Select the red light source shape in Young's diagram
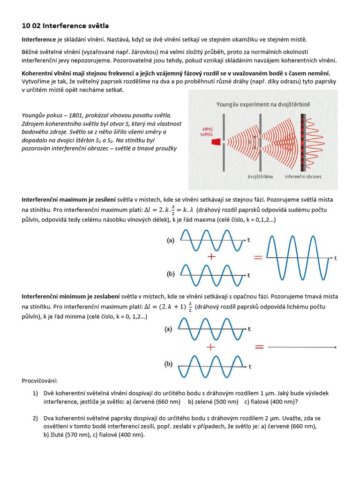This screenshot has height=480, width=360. pyautogui.click(x=216, y=141)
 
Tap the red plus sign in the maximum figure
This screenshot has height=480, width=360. pyautogui.click(x=212, y=257)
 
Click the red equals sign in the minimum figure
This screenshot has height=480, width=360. pyautogui.click(x=259, y=347)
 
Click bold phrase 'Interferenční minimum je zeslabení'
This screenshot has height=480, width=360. pyautogui.click(x=70, y=297)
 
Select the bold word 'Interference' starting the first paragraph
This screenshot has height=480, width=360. pyautogui.click(x=39, y=40)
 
